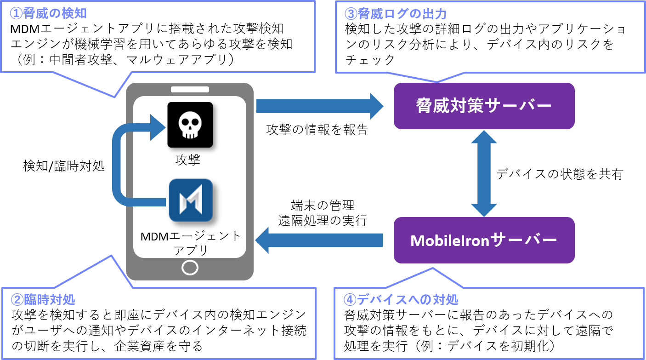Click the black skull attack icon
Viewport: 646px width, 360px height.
190,125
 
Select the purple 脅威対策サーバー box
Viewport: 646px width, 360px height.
484,106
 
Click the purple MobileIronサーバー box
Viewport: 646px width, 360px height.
484,240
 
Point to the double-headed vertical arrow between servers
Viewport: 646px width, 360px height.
484,173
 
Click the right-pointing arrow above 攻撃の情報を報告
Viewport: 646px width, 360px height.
319,106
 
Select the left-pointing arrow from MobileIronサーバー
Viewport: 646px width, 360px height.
319,240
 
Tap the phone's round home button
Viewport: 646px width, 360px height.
190,267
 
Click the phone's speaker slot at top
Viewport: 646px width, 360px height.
190,89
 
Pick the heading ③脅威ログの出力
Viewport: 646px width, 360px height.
396,13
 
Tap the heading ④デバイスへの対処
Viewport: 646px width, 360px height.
401,299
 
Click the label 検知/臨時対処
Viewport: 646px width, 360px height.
64,166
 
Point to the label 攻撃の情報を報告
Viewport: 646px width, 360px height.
317,130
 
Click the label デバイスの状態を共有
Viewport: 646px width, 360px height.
559,174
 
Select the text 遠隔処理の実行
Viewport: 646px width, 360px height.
323,220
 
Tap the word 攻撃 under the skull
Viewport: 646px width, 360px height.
188,160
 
